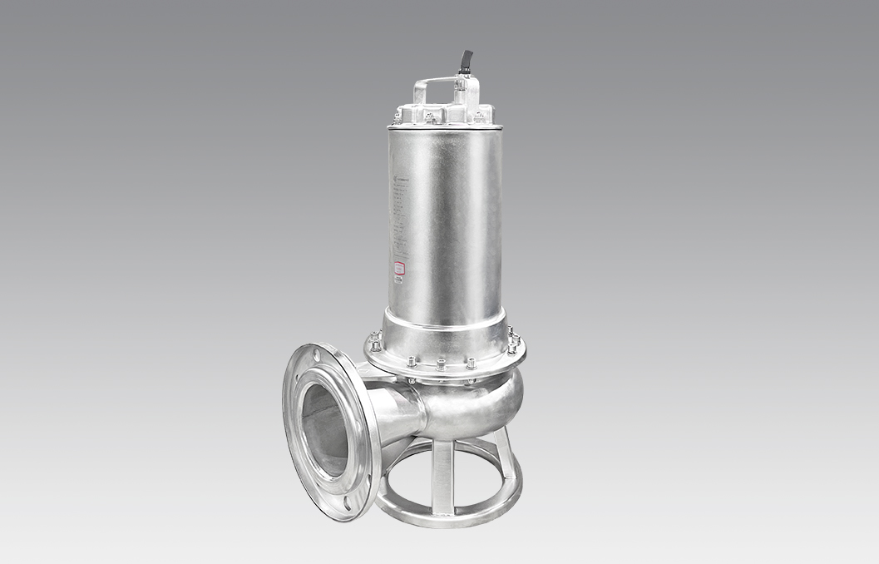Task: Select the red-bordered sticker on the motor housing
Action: [x=399, y=268]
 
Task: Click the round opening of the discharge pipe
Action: [x=323, y=430]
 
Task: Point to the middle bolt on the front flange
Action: [x=440, y=364]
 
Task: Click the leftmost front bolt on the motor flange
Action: [x=411, y=361]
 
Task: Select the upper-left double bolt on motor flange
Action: [x=375, y=339]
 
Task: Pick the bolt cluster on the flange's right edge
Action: [x=513, y=340]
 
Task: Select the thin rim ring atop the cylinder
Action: [x=444, y=126]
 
